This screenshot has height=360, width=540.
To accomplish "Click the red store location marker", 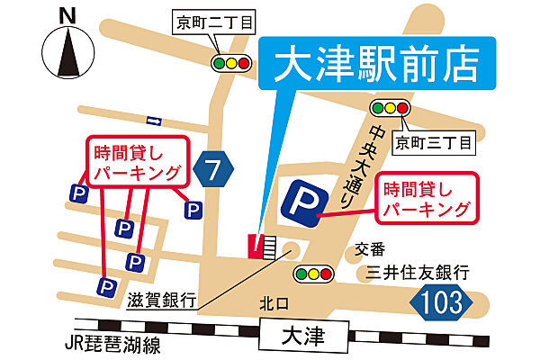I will tap(256, 246).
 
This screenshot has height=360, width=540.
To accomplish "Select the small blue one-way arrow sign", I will tap(153, 121).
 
